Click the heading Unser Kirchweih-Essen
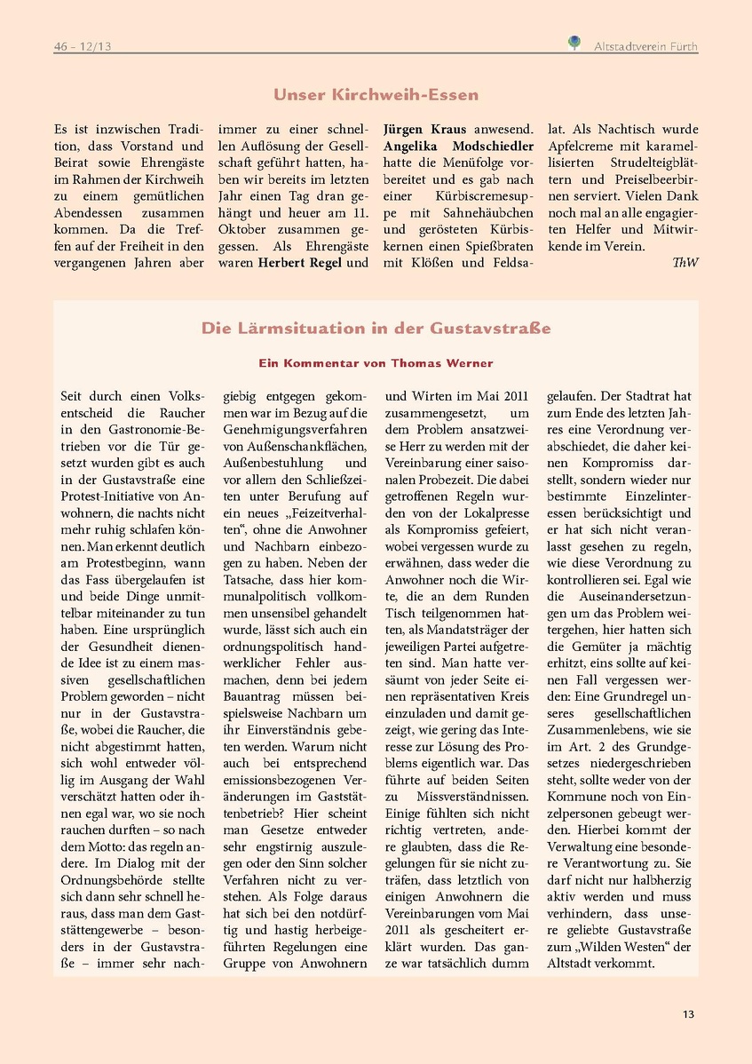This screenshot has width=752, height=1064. pyautogui.click(x=376, y=95)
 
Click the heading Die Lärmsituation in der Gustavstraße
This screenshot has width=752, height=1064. pyautogui.click(x=376, y=329)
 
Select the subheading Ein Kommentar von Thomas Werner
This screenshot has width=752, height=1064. pyautogui.click(x=376, y=363)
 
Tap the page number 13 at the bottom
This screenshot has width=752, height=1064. pyautogui.click(x=689, y=1014)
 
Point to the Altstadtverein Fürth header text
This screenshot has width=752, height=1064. pyautogui.click(x=645, y=46)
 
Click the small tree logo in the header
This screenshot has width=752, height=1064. pyautogui.click(x=574, y=42)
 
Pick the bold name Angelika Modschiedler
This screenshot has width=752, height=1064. pyautogui.click(x=458, y=146)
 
